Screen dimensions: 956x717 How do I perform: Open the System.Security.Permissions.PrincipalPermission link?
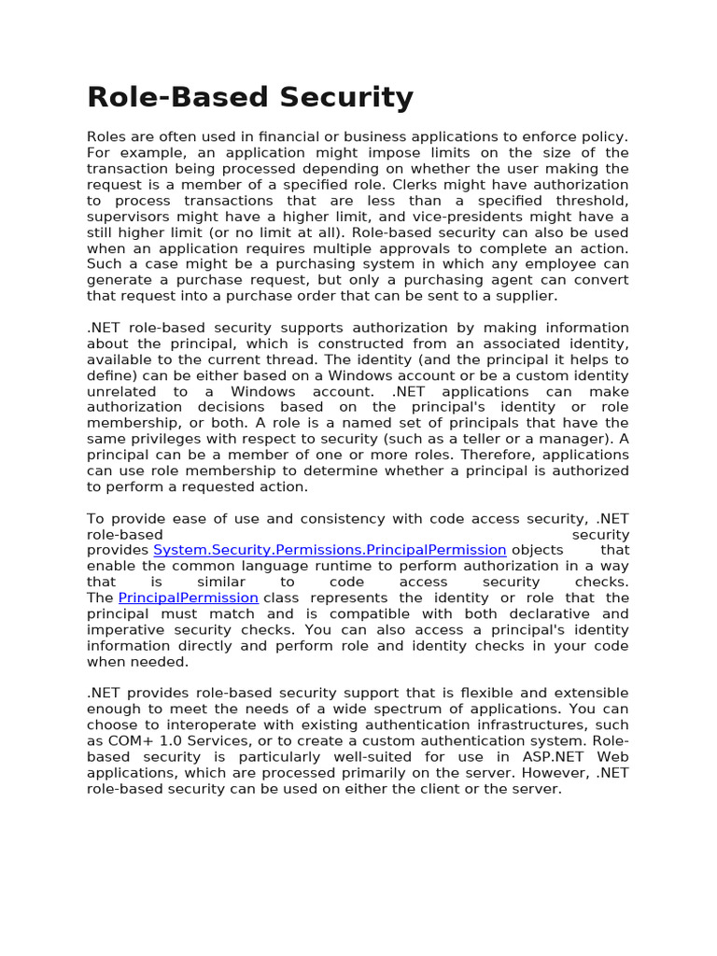point(330,550)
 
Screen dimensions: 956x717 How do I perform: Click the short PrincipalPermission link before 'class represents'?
point(188,597)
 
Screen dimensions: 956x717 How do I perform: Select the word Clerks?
point(415,185)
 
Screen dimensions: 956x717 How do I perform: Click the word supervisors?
point(128,217)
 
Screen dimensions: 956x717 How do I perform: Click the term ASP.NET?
point(558,756)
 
